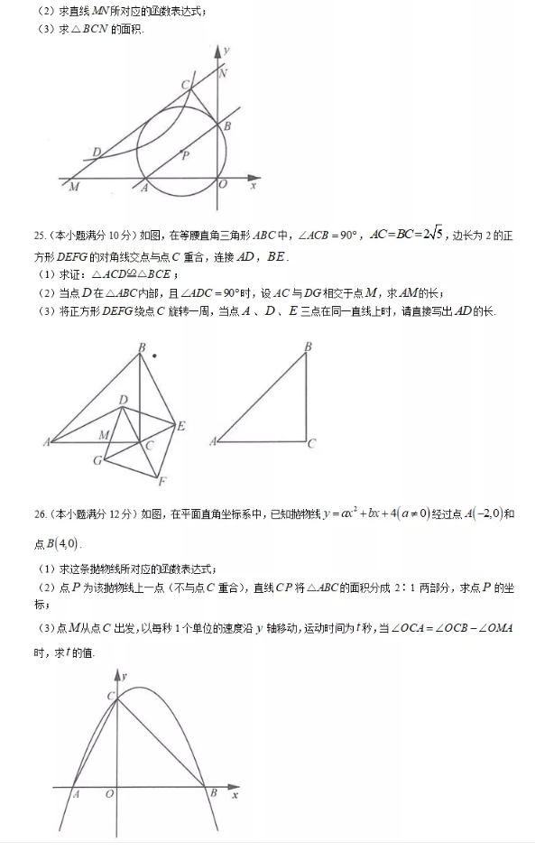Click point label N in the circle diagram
coord(224,73)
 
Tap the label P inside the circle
coord(185,156)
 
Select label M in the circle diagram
coord(73,187)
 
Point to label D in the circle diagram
coord(97,153)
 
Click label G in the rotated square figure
coord(97,460)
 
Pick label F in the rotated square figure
coord(161,481)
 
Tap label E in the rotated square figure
coord(180,426)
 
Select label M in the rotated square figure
coord(104,435)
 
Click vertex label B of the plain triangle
coord(308,347)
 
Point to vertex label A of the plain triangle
coord(214,441)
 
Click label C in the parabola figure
coord(110,696)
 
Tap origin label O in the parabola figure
coord(109,794)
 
